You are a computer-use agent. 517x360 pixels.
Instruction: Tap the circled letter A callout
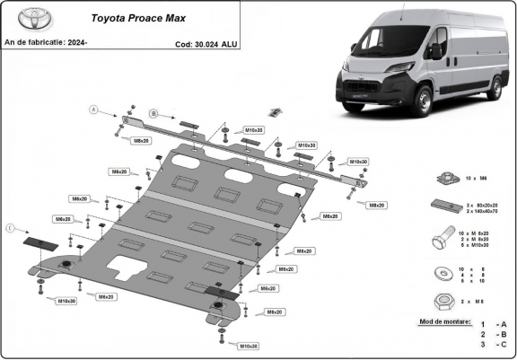[x=92, y=110]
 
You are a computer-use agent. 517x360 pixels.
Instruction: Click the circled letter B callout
[x=153, y=113]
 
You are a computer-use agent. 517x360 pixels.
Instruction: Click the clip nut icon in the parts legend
[x=443, y=180]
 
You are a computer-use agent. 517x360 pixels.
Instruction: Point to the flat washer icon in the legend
[x=442, y=273]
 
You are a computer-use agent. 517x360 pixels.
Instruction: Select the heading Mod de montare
[x=444, y=320]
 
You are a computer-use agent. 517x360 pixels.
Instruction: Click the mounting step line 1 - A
[x=492, y=324]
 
